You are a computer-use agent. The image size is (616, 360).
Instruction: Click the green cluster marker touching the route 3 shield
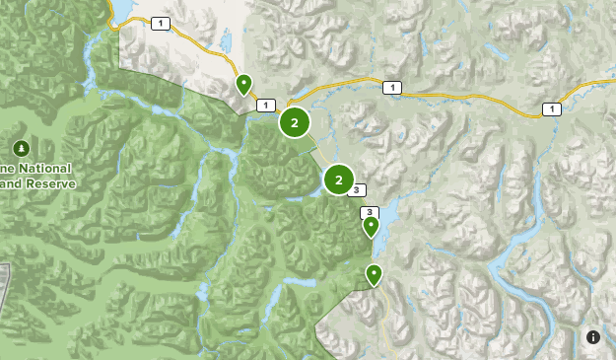[338, 180]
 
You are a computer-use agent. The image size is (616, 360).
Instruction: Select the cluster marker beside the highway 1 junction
[294, 122]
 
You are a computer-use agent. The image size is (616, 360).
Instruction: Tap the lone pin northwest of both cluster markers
[243, 84]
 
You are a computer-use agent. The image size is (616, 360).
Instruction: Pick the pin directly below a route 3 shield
[371, 227]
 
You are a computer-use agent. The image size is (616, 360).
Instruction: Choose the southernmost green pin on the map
[374, 274]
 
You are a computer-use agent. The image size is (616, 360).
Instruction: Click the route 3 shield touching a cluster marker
[357, 190]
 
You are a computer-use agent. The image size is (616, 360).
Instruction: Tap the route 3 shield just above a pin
[370, 212]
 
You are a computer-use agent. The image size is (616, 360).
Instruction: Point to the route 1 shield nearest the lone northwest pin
[264, 105]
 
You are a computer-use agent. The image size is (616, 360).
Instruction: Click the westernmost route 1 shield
[161, 23]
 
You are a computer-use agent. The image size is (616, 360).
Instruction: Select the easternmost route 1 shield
[552, 108]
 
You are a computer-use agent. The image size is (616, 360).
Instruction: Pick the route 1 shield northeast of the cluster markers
[393, 88]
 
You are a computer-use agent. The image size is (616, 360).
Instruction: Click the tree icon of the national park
[21, 148]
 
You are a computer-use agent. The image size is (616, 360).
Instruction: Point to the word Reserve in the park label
[45, 183]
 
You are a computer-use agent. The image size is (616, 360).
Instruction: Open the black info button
[593, 337]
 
